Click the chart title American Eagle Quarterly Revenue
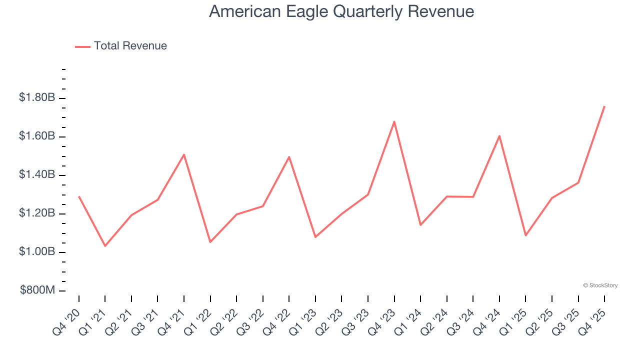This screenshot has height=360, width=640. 341,11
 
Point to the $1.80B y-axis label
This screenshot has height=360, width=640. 36,97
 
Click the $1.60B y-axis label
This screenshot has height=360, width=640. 36,136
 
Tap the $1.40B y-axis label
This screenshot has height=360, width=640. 36,174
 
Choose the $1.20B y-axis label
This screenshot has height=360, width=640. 36,213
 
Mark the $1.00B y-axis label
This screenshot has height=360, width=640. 36,251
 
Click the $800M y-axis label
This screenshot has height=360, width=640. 36,290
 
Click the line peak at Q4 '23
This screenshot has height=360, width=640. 394,121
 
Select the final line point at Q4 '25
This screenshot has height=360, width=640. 604,106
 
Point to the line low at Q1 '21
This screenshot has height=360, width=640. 105,245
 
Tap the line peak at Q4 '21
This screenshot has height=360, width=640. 184,154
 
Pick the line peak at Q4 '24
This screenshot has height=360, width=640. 499,136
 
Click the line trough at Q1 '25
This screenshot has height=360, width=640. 525,235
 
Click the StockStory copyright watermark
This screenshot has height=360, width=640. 600,285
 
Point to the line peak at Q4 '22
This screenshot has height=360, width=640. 289,157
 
